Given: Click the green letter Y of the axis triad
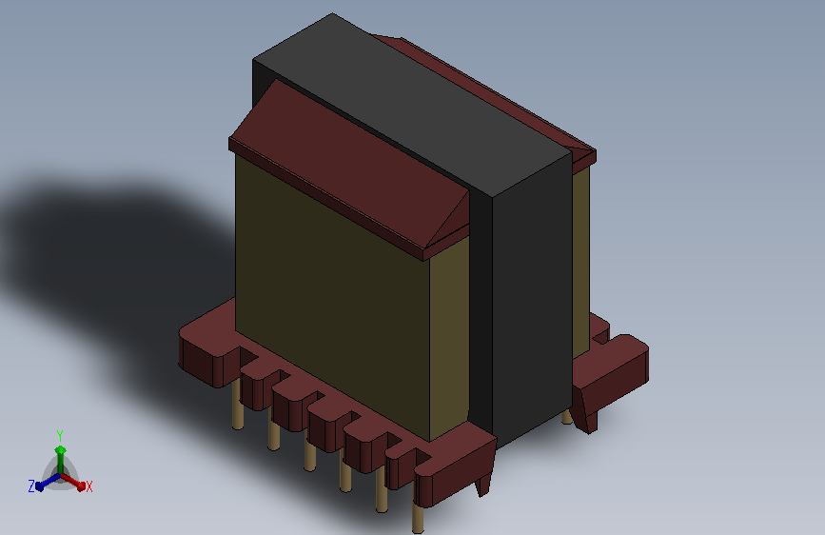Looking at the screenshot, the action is pos(60,436).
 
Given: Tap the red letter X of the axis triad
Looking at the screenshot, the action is pos(88,486).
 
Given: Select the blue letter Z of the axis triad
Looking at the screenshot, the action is pos(31,486).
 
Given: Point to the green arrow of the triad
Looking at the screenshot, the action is pos(61,460).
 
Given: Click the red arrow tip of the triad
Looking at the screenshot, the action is pos(81,486).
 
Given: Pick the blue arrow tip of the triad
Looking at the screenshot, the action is pos(39,486).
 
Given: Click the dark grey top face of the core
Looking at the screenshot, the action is pos(412,106).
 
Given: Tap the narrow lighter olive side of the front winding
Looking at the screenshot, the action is pos(449,337).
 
